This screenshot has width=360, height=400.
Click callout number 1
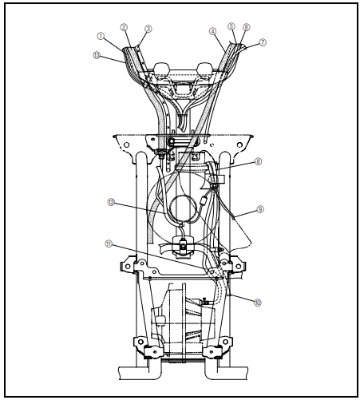(101, 36)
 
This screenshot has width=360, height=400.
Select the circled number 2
(124, 27)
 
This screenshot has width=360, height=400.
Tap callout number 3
(147, 30)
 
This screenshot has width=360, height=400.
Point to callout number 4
(213, 31)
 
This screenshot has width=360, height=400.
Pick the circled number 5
(231, 26)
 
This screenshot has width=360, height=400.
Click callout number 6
(246, 28)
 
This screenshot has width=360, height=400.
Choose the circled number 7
(263, 42)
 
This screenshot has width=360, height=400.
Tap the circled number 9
(260, 209)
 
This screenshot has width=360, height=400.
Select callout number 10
(258, 302)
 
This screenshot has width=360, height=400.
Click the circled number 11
(109, 242)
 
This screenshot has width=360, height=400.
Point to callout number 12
(112, 202)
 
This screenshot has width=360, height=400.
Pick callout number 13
(97, 55)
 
